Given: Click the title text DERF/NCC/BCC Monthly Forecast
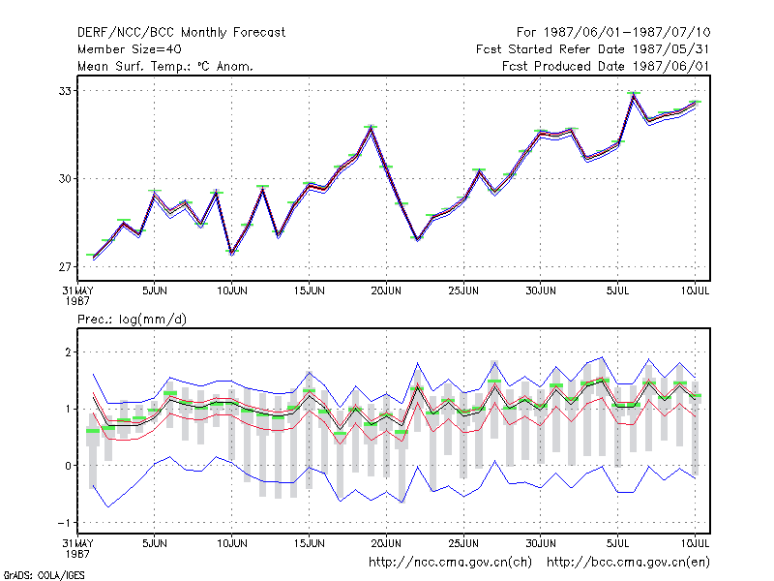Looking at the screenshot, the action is pos(181,33).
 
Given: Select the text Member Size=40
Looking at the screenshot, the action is pos(130,49).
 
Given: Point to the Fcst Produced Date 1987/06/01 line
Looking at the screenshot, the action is pos(606,66).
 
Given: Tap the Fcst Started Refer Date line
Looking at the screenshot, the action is pos(593,49).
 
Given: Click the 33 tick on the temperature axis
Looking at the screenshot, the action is pos(65,91).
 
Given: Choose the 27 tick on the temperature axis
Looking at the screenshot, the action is pos(65,267).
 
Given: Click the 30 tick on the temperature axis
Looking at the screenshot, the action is pos(65,179).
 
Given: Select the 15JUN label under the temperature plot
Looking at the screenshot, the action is pos(309,290).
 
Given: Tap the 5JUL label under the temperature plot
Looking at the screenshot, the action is pos(617,290).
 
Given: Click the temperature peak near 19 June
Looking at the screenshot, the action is pos(371,128).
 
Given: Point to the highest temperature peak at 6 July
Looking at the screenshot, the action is pos(634,94).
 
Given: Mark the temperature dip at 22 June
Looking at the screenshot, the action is pos(417,239).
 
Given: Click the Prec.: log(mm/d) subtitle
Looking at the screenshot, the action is pos(132,320).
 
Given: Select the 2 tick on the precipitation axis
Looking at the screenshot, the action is pos(68,352).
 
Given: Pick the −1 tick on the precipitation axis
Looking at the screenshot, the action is pos(65,523).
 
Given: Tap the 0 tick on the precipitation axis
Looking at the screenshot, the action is pos(68,466).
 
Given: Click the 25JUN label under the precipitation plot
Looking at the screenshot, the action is pos(463,543).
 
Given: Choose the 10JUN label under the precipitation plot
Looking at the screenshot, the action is pos(232,543).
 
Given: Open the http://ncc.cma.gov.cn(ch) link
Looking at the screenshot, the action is pos(450,563).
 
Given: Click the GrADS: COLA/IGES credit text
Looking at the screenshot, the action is pos(44,575).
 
